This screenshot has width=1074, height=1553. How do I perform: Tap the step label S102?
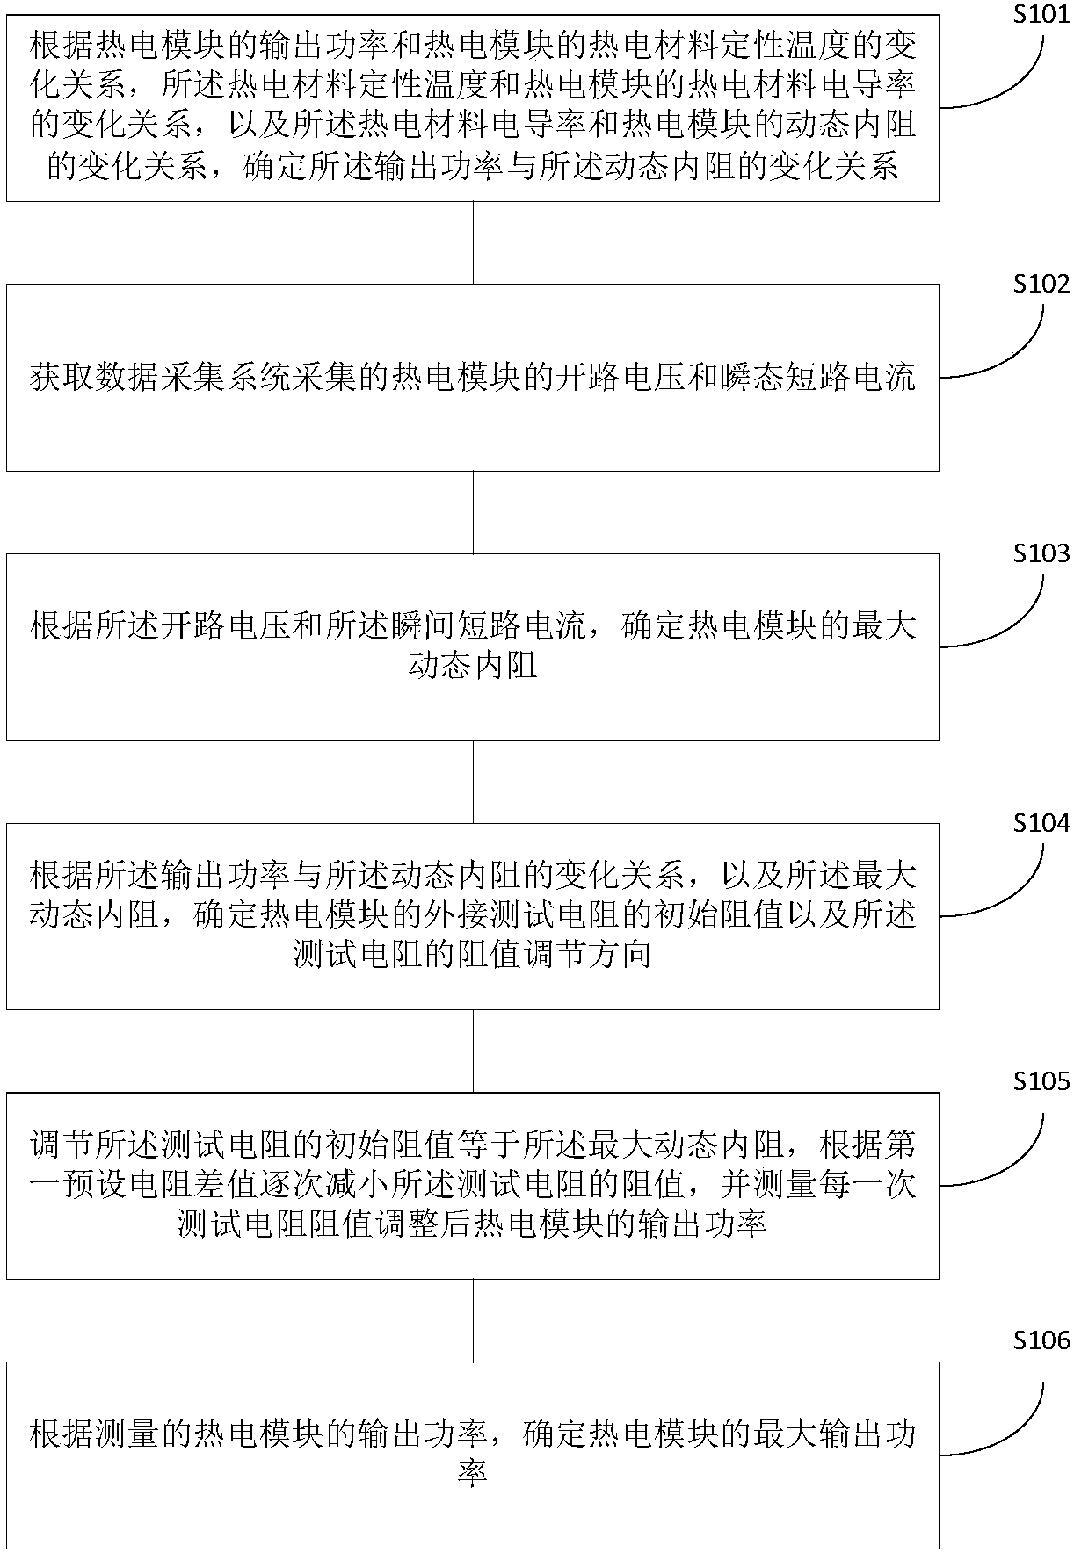1041,285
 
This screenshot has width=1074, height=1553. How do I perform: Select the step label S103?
1041,553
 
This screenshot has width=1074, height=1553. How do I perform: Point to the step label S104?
1041,823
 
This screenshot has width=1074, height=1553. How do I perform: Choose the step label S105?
1041,1081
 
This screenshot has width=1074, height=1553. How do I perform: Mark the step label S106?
1041,1340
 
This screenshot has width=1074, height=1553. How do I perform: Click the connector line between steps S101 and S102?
474,242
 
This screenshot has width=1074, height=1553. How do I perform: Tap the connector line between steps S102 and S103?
474,512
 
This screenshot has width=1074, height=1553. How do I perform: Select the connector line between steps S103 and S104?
474,782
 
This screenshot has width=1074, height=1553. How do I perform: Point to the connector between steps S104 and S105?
474,1051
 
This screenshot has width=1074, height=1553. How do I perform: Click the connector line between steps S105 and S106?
474,1320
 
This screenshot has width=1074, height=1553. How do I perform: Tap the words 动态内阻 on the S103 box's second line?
473,666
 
